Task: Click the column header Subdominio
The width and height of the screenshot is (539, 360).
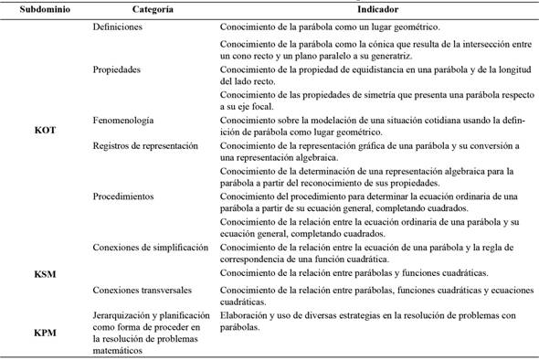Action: pyautogui.click(x=34, y=9)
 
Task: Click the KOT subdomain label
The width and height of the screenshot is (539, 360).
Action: pyautogui.click(x=45, y=130)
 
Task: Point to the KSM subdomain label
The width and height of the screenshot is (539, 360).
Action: pyautogui.click(x=45, y=272)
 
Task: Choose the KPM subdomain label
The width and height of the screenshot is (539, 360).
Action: pyautogui.click(x=45, y=334)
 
